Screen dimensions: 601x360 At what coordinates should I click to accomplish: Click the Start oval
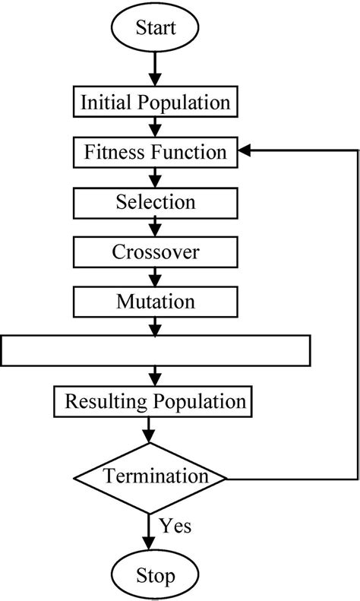156,28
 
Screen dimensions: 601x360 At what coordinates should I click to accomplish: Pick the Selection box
156,202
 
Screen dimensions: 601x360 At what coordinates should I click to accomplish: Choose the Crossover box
156,251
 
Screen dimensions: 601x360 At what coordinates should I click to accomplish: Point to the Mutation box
156,301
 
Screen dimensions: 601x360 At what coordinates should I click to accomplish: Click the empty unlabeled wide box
156,351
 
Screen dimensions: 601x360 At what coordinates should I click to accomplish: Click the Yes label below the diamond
175,525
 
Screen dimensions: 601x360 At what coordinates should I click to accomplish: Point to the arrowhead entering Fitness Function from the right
245,152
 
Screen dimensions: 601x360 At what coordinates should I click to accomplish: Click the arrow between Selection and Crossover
156,227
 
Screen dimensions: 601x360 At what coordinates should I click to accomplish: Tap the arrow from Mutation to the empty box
156,326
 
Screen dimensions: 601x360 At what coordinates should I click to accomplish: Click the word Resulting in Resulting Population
100,401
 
